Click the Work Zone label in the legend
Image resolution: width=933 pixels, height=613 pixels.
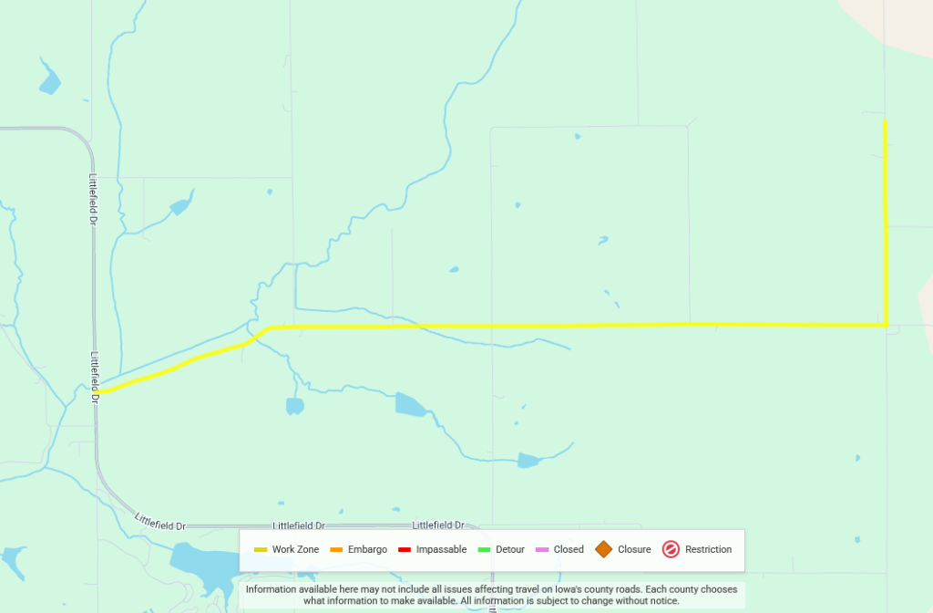point(295,549)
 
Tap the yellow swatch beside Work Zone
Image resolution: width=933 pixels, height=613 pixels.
point(261,549)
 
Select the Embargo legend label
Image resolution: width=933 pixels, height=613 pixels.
point(367,549)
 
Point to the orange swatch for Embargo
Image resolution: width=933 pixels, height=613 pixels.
point(335,549)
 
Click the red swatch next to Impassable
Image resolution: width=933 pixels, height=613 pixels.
point(405,549)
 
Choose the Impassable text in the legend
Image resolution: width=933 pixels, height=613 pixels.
point(441,549)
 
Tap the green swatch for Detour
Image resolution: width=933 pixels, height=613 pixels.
point(484,549)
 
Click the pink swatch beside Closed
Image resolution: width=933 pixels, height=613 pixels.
point(541,549)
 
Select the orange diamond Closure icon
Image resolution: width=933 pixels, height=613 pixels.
point(603,549)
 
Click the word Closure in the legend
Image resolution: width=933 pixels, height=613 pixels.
point(634,549)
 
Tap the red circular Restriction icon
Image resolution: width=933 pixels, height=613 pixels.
point(671,549)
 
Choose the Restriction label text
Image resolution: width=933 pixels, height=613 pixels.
point(708,549)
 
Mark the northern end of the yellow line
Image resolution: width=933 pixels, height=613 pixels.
point(886,121)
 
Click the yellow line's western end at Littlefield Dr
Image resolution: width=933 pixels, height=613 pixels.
point(97,391)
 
